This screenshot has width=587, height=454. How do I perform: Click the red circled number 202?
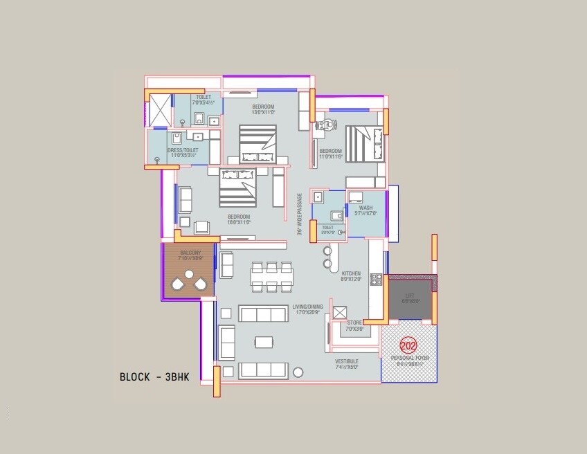(x=408, y=345)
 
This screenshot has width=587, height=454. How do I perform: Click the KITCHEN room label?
(x=351, y=274)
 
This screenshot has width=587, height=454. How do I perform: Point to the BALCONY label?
(x=190, y=253)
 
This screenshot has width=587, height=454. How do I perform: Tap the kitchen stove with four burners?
(x=376, y=280)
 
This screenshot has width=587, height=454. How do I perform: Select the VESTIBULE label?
(x=347, y=361)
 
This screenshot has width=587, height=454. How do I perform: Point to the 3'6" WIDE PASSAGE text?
(x=300, y=214)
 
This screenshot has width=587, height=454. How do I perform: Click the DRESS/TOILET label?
(x=183, y=150)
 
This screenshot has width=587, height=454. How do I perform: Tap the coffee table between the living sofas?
(x=263, y=342)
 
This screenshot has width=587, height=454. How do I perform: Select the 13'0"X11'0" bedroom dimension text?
(x=263, y=112)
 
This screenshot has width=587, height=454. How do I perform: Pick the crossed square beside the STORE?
(x=340, y=312)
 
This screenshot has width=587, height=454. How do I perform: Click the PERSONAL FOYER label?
(x=410, y=358)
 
